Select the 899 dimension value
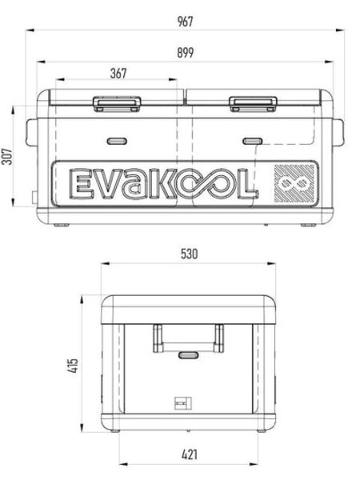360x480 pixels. tap(186, 52)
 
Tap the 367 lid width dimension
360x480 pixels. tap(118, 74)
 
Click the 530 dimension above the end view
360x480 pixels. tap(188, 254)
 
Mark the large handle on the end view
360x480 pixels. tap(187, 336)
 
